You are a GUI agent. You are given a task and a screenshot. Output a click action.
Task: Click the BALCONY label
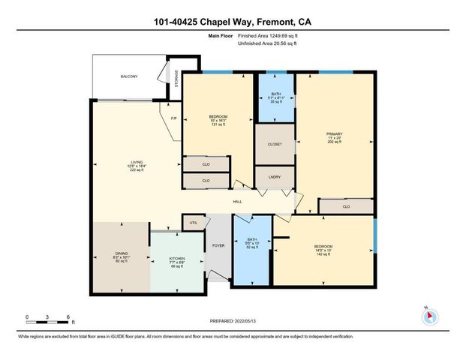[129, 76]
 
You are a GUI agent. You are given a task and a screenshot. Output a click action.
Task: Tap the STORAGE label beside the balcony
[177, 79]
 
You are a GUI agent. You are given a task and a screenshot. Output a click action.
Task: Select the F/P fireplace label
[173, 119]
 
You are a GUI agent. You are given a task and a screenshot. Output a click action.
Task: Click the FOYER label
[218, 245]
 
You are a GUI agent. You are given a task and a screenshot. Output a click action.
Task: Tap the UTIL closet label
[193, 223]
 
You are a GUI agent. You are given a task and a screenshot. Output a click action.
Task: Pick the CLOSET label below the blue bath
[275, 143]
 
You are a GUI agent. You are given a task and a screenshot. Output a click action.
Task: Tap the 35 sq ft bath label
[275, 97]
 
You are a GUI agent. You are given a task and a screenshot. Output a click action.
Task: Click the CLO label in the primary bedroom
[346, 206]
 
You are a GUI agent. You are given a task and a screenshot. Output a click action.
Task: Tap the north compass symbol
[429, 316]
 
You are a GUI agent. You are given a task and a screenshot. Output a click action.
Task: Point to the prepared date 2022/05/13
[233, 321]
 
